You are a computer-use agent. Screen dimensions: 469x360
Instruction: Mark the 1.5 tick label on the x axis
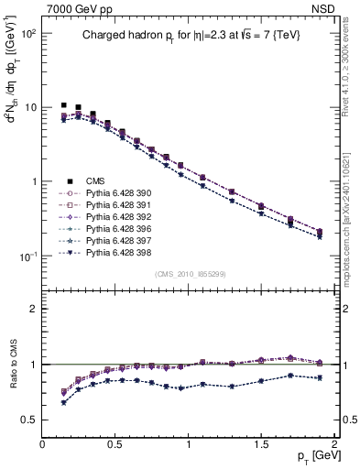coord(261,442)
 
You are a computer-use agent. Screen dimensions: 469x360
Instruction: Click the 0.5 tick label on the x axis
coord(115,442)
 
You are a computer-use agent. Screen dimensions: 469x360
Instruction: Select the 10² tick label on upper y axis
coord(28,33)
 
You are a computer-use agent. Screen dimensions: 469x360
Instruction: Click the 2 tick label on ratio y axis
coord(34,309)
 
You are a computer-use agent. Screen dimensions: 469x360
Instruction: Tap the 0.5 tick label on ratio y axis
coord(29,420)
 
